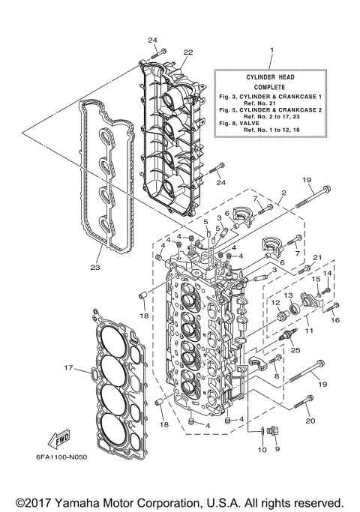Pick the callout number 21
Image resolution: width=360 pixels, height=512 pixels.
[317, 258]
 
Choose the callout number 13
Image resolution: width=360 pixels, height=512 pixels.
[287, 296]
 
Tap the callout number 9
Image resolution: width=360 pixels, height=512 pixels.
[277, 449]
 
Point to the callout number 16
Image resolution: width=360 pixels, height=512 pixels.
[334, 319]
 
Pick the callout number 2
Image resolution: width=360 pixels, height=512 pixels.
[283, 192]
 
